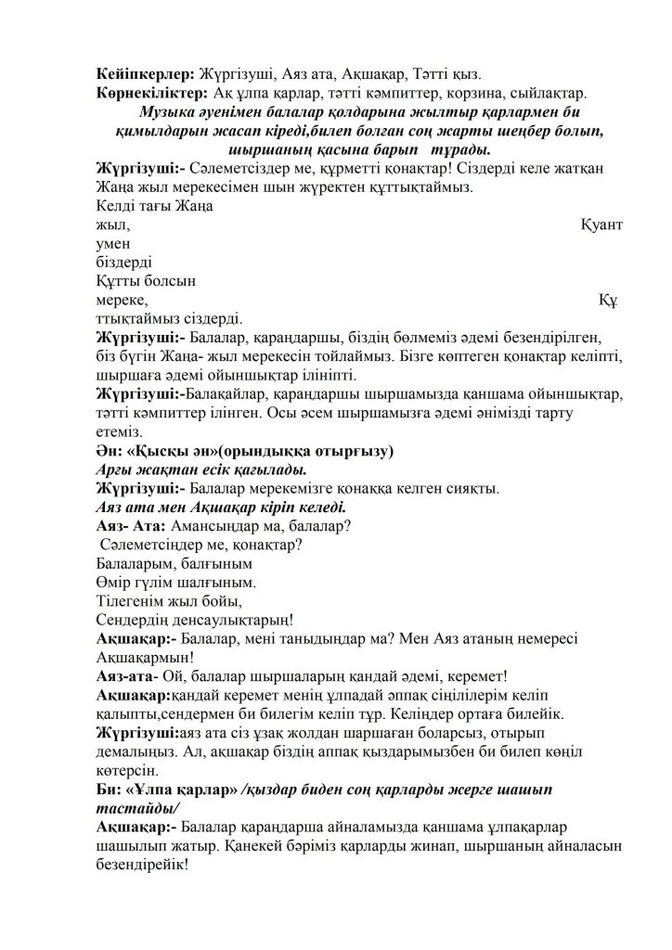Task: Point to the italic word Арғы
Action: (116, 470)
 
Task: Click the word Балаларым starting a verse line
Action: (132, 564)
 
